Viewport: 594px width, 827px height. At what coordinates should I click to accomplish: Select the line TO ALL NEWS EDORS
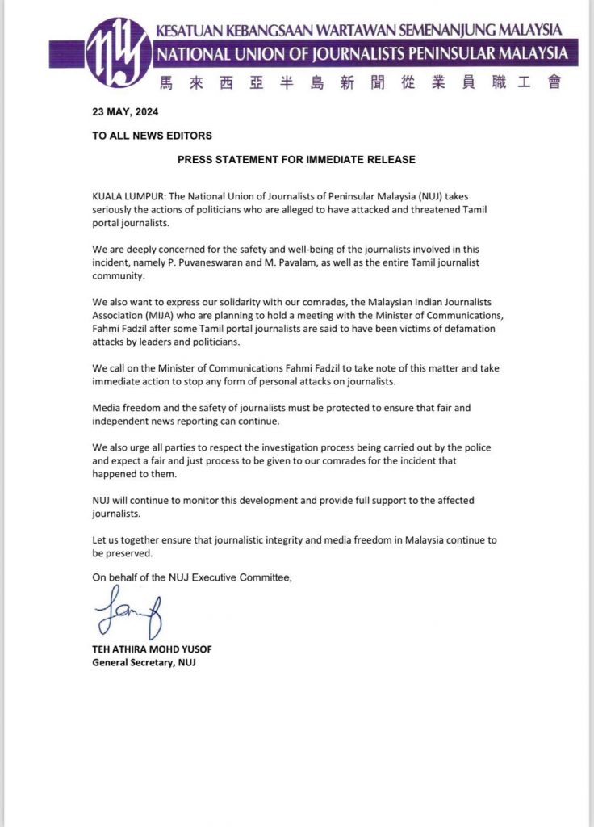(153, 136)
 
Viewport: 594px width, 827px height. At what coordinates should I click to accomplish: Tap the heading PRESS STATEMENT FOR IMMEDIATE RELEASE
(296, 160)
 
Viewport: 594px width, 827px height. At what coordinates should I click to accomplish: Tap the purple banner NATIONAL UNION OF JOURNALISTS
(365, 55)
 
